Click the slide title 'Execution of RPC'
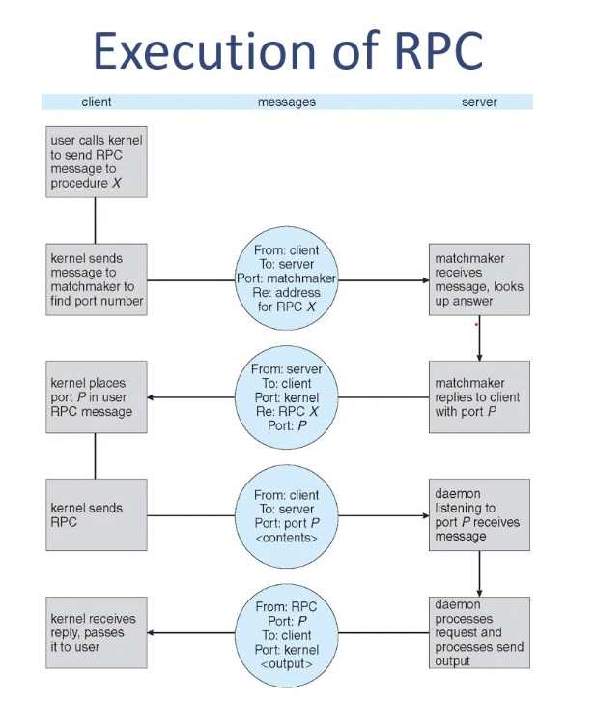point(289,49)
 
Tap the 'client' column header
point(97,102)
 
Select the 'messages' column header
point(287,102)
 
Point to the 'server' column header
point(479,102)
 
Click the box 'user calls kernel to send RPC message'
point(97,161)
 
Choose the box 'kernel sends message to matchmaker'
point(97,279)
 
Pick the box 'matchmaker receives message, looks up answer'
point(479,279)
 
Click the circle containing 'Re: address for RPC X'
point(287,278)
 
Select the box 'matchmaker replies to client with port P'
point(479,397)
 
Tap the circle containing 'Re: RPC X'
point(287,397)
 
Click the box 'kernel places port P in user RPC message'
point(97,397)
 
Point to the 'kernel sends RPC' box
point(97,514)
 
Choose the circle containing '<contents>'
point(287,516)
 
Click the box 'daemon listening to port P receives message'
point(479,514)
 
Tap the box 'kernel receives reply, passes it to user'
point(97,632)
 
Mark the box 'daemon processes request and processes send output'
point(479,632)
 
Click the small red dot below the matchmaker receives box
point(476,325)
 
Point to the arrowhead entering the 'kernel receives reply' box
point(151,633)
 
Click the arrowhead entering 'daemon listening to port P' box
point(426,515)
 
